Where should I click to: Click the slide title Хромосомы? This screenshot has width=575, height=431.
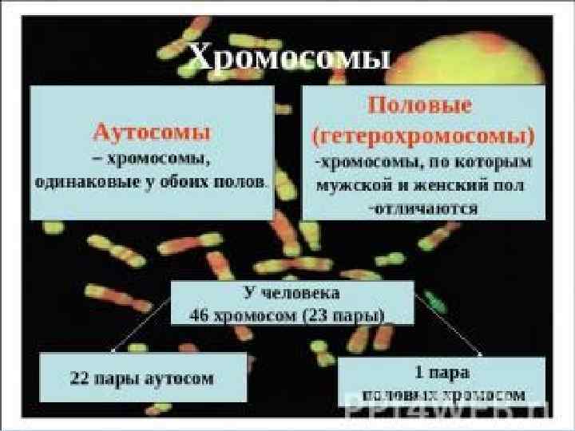pos(289,58)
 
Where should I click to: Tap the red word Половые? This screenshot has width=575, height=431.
pos(419,105)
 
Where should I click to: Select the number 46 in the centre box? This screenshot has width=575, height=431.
pos(199,314)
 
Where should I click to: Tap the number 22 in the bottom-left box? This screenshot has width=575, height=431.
pos(81,378)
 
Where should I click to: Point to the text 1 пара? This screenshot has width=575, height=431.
pos(442,372)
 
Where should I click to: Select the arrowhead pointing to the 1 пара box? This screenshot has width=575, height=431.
pos(482,352)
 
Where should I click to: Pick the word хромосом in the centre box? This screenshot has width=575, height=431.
pos(256,314)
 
